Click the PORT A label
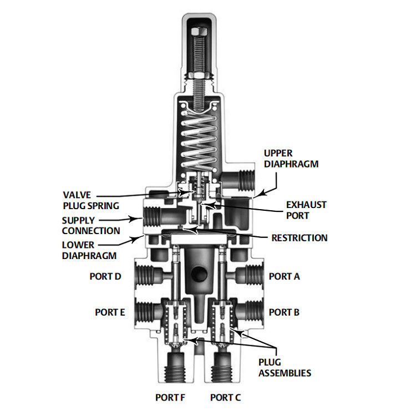(x=284, y=276)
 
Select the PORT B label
(x=284, y=312)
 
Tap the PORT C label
(x=225, y=397)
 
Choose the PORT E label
(x=110, y=312)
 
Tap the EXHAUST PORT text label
(x=306, y=210)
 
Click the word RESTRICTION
(x=299, y=238)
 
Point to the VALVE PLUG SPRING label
(x=90, y=200)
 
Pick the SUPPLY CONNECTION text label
(x=90, y=225)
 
